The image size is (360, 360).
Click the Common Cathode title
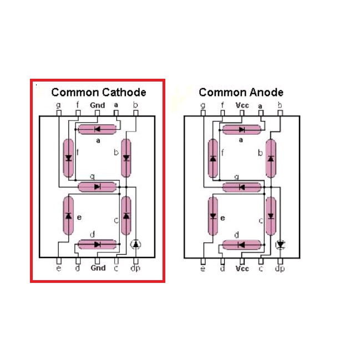tap(99, 92)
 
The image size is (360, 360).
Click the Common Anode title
tap(241, 92)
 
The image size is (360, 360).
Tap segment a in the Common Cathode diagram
tap(98, 129)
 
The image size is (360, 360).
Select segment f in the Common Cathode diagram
tap(68, 158)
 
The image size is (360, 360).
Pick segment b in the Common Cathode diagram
tap(126, 158)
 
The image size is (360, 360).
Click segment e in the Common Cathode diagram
tap(68, 215)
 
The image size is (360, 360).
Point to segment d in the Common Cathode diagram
tap(98, 244)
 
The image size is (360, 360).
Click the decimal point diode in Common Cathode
tap(136, 244)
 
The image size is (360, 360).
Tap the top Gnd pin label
tap(98, 105)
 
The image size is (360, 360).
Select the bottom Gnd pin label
tap(98, 268)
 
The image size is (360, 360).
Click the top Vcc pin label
tap(242, 105)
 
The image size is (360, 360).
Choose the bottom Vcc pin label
tap(242, 268)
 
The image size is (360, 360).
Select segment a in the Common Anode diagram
tap(242, 129)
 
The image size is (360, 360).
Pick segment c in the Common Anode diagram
tap(271, 215)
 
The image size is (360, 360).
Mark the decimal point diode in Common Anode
tap(280, 244)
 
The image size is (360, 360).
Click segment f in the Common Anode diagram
tap(212, 158)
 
